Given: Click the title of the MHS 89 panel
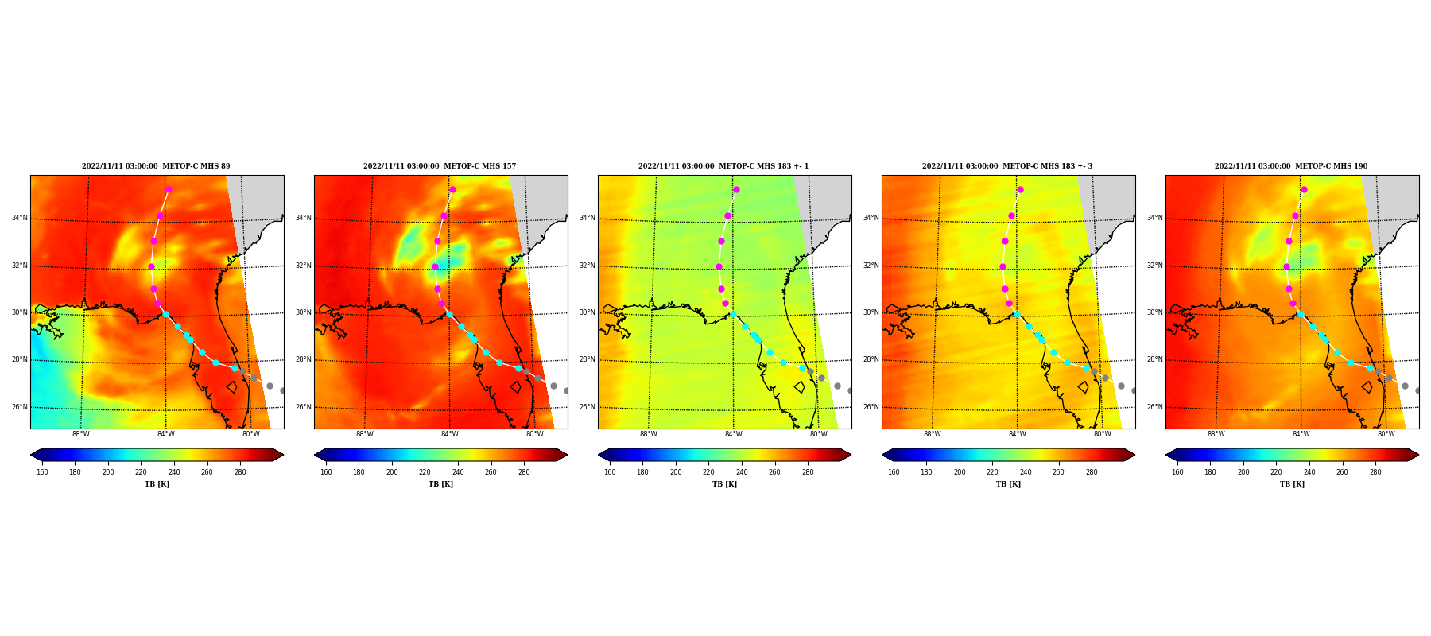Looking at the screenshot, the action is [156, 166].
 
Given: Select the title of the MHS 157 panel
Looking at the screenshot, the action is [440, 166].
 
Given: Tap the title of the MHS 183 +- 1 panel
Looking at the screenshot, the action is [723, 166].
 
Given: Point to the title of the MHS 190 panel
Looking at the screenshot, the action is [1291, 166].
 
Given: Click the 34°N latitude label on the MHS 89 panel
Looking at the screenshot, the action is [19, 218].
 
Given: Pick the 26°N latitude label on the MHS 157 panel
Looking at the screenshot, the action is [303, 407].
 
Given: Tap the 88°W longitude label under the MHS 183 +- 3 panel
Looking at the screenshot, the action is [933, 434].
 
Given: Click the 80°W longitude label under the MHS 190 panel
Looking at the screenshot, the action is [1386, 434].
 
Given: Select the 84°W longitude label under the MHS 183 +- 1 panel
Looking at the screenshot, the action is [734, 434].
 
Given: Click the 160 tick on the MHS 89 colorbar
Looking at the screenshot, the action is [42, 472].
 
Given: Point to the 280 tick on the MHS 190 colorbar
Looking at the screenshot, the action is [1375, 472].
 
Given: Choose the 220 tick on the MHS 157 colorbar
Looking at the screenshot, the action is [425, 472].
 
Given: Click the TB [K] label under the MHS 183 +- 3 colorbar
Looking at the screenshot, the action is [1008, 484].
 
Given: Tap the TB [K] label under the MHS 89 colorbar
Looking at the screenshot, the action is [157, 484].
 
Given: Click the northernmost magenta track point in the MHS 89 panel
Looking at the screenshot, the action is [169, 189].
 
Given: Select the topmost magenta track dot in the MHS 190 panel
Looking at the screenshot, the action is [1304, 189].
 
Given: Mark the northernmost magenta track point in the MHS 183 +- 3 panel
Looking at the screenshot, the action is [1020, 189].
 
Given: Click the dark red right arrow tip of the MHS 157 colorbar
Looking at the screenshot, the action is [567, 455].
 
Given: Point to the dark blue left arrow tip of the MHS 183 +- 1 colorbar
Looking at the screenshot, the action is [599, 455].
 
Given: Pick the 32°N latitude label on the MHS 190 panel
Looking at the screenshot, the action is [1154, 266].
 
